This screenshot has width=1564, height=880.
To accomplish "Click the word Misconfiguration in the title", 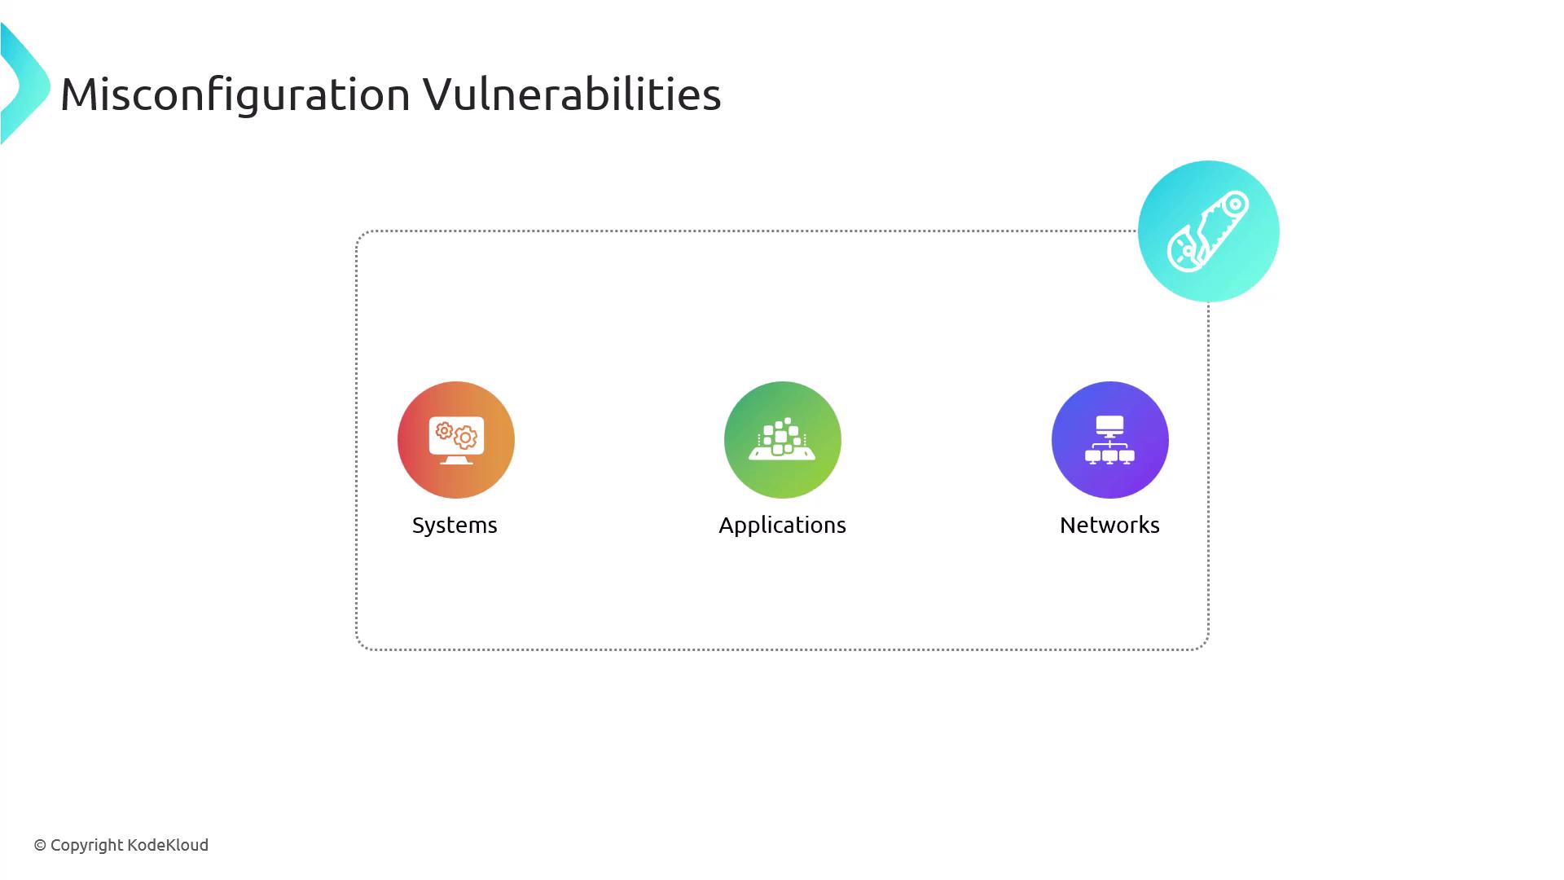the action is (235, 95).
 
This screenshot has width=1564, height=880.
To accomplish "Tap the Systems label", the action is (455, 526).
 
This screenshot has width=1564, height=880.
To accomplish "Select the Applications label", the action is (782, 526).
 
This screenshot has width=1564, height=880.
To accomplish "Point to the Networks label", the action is (1109, 525).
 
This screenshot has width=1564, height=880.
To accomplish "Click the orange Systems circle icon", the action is (456, 440).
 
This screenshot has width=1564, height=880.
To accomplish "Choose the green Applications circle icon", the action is (783, 440).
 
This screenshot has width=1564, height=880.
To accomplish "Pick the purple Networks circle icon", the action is (1110, 440).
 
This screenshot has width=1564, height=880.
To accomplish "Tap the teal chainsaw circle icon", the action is (1209, 231).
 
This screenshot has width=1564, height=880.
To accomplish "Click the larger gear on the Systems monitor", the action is (465, 438).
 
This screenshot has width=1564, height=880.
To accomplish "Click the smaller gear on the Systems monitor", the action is (444, 430).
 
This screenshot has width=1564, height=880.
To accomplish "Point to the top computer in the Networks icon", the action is (1110, 426).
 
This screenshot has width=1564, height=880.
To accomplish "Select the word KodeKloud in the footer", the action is (168, 845).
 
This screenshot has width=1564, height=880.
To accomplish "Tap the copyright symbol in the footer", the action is (40, 846).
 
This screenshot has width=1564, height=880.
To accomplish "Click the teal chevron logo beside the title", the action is (25, 84).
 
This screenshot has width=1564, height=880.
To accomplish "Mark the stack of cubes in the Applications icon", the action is (781, 436).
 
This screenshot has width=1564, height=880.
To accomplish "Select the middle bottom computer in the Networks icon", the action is (1110, 457).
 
